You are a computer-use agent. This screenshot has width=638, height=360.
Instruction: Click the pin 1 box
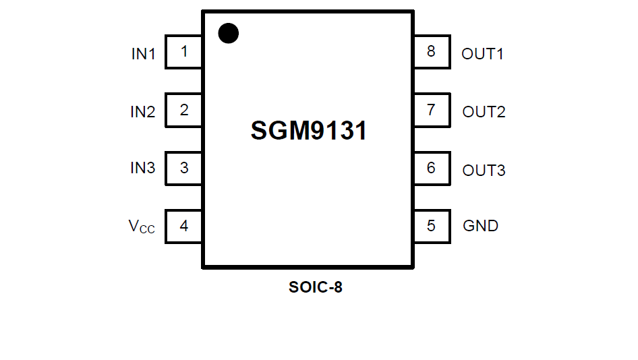[x=183, y=52]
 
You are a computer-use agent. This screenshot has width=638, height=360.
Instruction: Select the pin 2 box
[x=183, y=110]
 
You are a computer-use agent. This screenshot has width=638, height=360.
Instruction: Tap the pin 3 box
[x=183, y=168]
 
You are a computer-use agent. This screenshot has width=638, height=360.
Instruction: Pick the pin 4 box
[x=183, y=226]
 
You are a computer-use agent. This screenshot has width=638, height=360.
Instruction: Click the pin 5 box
[x=432, y=226]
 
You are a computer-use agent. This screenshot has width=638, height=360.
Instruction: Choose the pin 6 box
[x=432, y=168]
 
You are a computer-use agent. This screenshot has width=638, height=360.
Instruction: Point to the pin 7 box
[x=432, y=110]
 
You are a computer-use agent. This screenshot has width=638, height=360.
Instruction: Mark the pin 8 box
[x=432, y=52]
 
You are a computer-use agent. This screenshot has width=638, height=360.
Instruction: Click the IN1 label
[x=143, y=54]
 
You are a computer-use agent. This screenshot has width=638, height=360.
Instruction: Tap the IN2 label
[x=142, y=112]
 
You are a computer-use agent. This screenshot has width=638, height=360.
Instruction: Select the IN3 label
[x=142, y=169]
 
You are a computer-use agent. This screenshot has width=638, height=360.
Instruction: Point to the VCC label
[x=142, y=227]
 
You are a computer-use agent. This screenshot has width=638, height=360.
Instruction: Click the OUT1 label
[x=482, y=54]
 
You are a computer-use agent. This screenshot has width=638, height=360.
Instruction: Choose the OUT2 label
[x=484, y=112]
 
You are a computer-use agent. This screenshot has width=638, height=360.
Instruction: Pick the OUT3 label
[x=484, y=170]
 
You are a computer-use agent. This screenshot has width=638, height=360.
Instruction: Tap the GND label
[x=480, y=226]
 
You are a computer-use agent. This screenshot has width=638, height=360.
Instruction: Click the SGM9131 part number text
[x=309, y=131]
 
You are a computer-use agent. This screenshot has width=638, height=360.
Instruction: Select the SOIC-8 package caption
[x=315, y=287]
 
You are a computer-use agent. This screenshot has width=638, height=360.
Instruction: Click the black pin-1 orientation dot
[x=229, y=33]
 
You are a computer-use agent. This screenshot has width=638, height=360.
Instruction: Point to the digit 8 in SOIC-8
[x=337, y=287]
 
